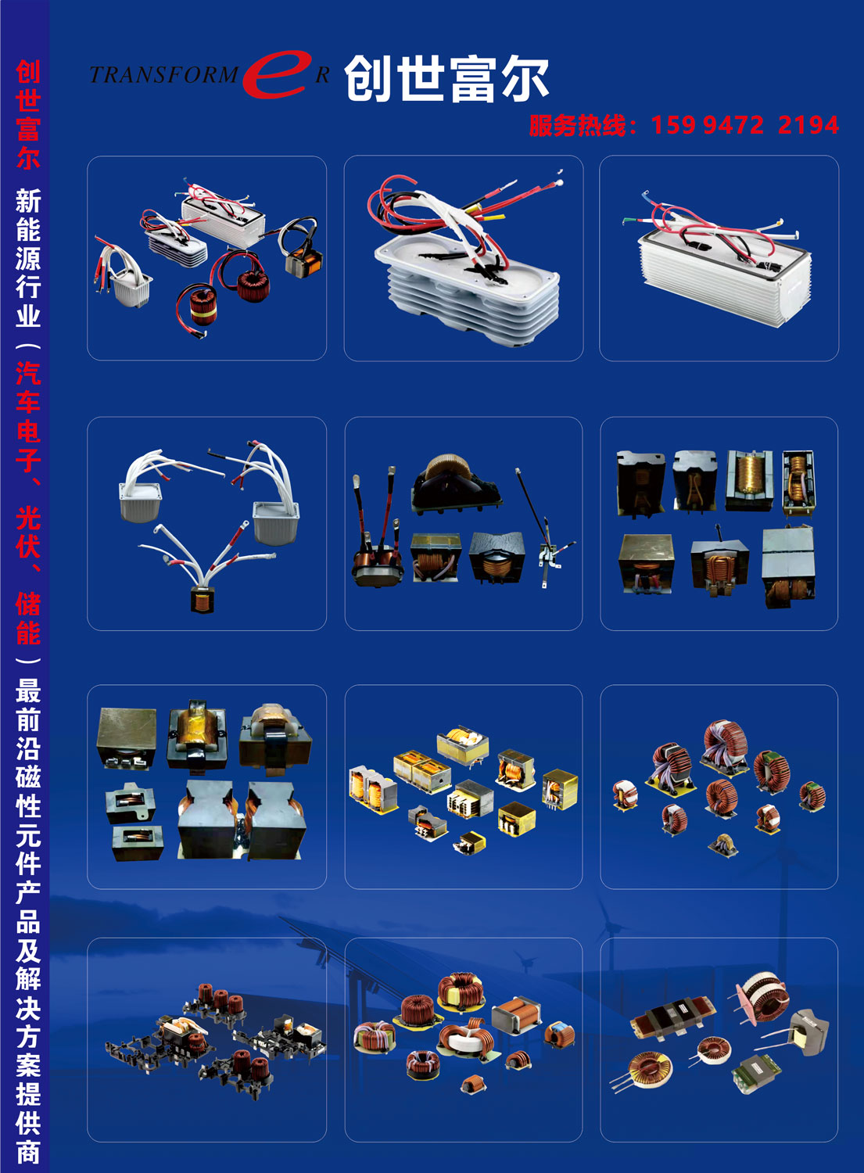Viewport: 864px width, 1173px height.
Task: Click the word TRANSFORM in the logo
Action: click(164, 75)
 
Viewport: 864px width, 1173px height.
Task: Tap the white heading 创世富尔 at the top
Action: click(446, 78)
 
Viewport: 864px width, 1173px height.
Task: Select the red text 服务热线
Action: click(577, 126)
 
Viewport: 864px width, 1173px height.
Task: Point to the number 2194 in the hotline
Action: click(808, 125)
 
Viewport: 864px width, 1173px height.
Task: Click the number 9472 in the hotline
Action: click(733, 125)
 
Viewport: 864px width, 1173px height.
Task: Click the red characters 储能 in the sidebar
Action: click(28, 619)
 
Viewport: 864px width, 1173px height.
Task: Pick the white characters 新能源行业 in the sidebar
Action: click(28, 258)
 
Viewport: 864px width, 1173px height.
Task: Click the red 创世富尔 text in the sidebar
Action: click(28, 114)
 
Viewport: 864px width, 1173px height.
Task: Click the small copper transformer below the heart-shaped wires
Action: click(203, 600)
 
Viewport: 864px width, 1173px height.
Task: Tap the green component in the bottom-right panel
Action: click(753, 1074)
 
